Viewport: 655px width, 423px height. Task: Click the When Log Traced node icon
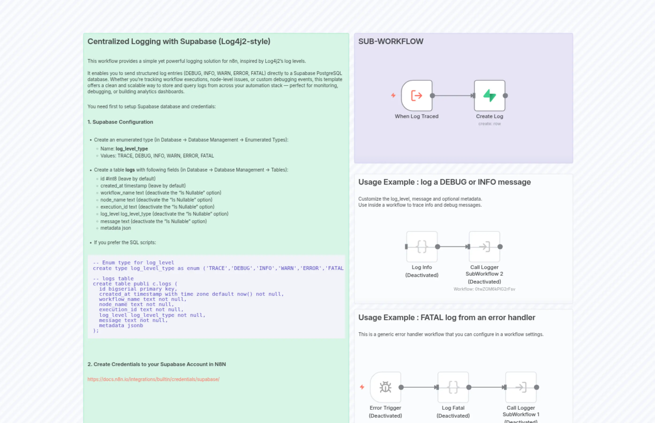click(x=417, y=96)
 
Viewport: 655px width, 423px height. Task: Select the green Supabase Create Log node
click(x=489, y=96)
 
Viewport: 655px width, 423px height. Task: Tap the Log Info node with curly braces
click(x=422, y=247)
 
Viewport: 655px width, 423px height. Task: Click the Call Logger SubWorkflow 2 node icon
click(x=484, y=247)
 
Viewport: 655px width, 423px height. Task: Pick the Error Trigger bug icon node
click(x=385, y=387)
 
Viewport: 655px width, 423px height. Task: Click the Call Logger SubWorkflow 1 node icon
click(x=521, y=387)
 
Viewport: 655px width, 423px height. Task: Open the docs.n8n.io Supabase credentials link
click(x=153, y=379)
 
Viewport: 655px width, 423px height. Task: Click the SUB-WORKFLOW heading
click(x=391, y=41)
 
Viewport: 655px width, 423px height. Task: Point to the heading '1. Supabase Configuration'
click(x=120, y=122)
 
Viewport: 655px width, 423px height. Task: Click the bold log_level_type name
click(x=132, y=149)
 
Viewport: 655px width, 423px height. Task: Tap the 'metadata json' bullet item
click(x=115, y=228)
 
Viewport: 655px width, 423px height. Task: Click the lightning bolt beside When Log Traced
click(x=393, y=95)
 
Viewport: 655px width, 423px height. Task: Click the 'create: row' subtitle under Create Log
click(x=489, y=124)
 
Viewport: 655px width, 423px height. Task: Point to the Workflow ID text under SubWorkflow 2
click(x=484, y=289)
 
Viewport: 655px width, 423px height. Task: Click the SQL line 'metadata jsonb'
click(x=121, y=326)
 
